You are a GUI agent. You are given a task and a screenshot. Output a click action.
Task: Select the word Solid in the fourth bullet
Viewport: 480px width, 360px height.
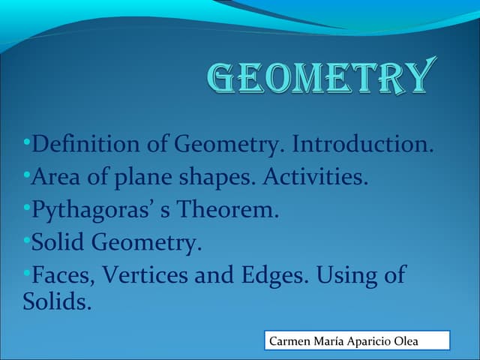(x=58, y=242)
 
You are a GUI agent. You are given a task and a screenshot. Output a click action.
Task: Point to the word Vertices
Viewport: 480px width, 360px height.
(x=145, y=275)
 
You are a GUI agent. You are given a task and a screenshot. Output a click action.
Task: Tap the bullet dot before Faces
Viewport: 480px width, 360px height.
(x=26, y=271)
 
